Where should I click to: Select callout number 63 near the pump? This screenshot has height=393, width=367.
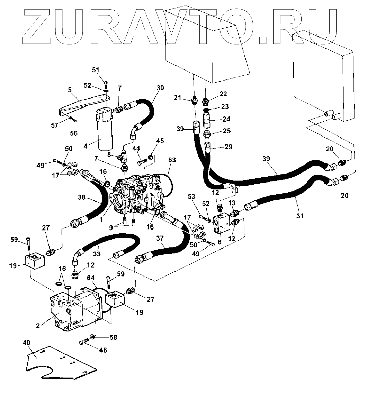point(172,160)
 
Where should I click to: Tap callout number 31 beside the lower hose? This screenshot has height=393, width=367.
point(300,216)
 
